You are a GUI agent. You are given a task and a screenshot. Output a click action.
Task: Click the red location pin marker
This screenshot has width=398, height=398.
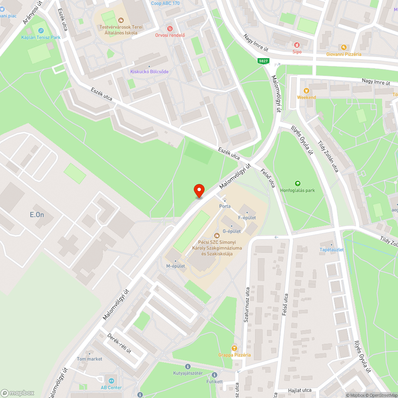click(x=199, y=191)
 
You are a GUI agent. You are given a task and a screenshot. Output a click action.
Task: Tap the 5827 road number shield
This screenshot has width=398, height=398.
click(x=263, y=61)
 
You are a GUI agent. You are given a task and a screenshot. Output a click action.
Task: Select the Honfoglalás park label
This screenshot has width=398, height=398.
click(x=297, y=190)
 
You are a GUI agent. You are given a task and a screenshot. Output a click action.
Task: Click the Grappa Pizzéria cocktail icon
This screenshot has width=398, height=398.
click(x=234, y=348)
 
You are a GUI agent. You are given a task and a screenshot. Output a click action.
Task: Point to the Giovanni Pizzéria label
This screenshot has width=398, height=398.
click(x=343, y=54)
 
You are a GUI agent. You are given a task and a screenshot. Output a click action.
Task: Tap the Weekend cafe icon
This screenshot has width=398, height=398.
click(x=306, y=91)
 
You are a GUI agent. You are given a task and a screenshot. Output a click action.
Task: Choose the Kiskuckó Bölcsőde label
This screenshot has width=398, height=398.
click(x=149, y=72)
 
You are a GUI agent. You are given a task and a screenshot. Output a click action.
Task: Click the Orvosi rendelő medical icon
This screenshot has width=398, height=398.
click(x=170, y=29)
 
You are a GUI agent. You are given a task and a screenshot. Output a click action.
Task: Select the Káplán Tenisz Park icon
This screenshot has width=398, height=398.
click(x=41, y=31)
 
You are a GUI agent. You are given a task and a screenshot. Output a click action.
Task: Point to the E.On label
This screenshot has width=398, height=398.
click(x=37, y=215)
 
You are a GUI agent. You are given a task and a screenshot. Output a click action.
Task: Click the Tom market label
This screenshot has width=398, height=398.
click(x=90, y=359)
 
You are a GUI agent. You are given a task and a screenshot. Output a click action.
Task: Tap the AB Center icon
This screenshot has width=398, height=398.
click(x=111, y=381)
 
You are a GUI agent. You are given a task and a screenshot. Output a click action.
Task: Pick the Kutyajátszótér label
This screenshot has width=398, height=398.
click(x=188, y=373)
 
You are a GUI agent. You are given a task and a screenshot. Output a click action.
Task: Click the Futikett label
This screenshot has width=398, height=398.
click(x=215, y=381)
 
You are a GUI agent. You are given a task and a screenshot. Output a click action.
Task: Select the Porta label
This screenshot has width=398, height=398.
click(x=225, y=206)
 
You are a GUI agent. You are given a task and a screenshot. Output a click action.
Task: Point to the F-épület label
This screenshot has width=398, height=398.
click(x=247, y=218)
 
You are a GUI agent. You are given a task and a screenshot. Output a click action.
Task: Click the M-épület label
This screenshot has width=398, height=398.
click(x=176, y=266)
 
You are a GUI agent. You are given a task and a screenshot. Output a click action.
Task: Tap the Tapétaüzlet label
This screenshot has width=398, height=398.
click(x=332, y=250)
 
